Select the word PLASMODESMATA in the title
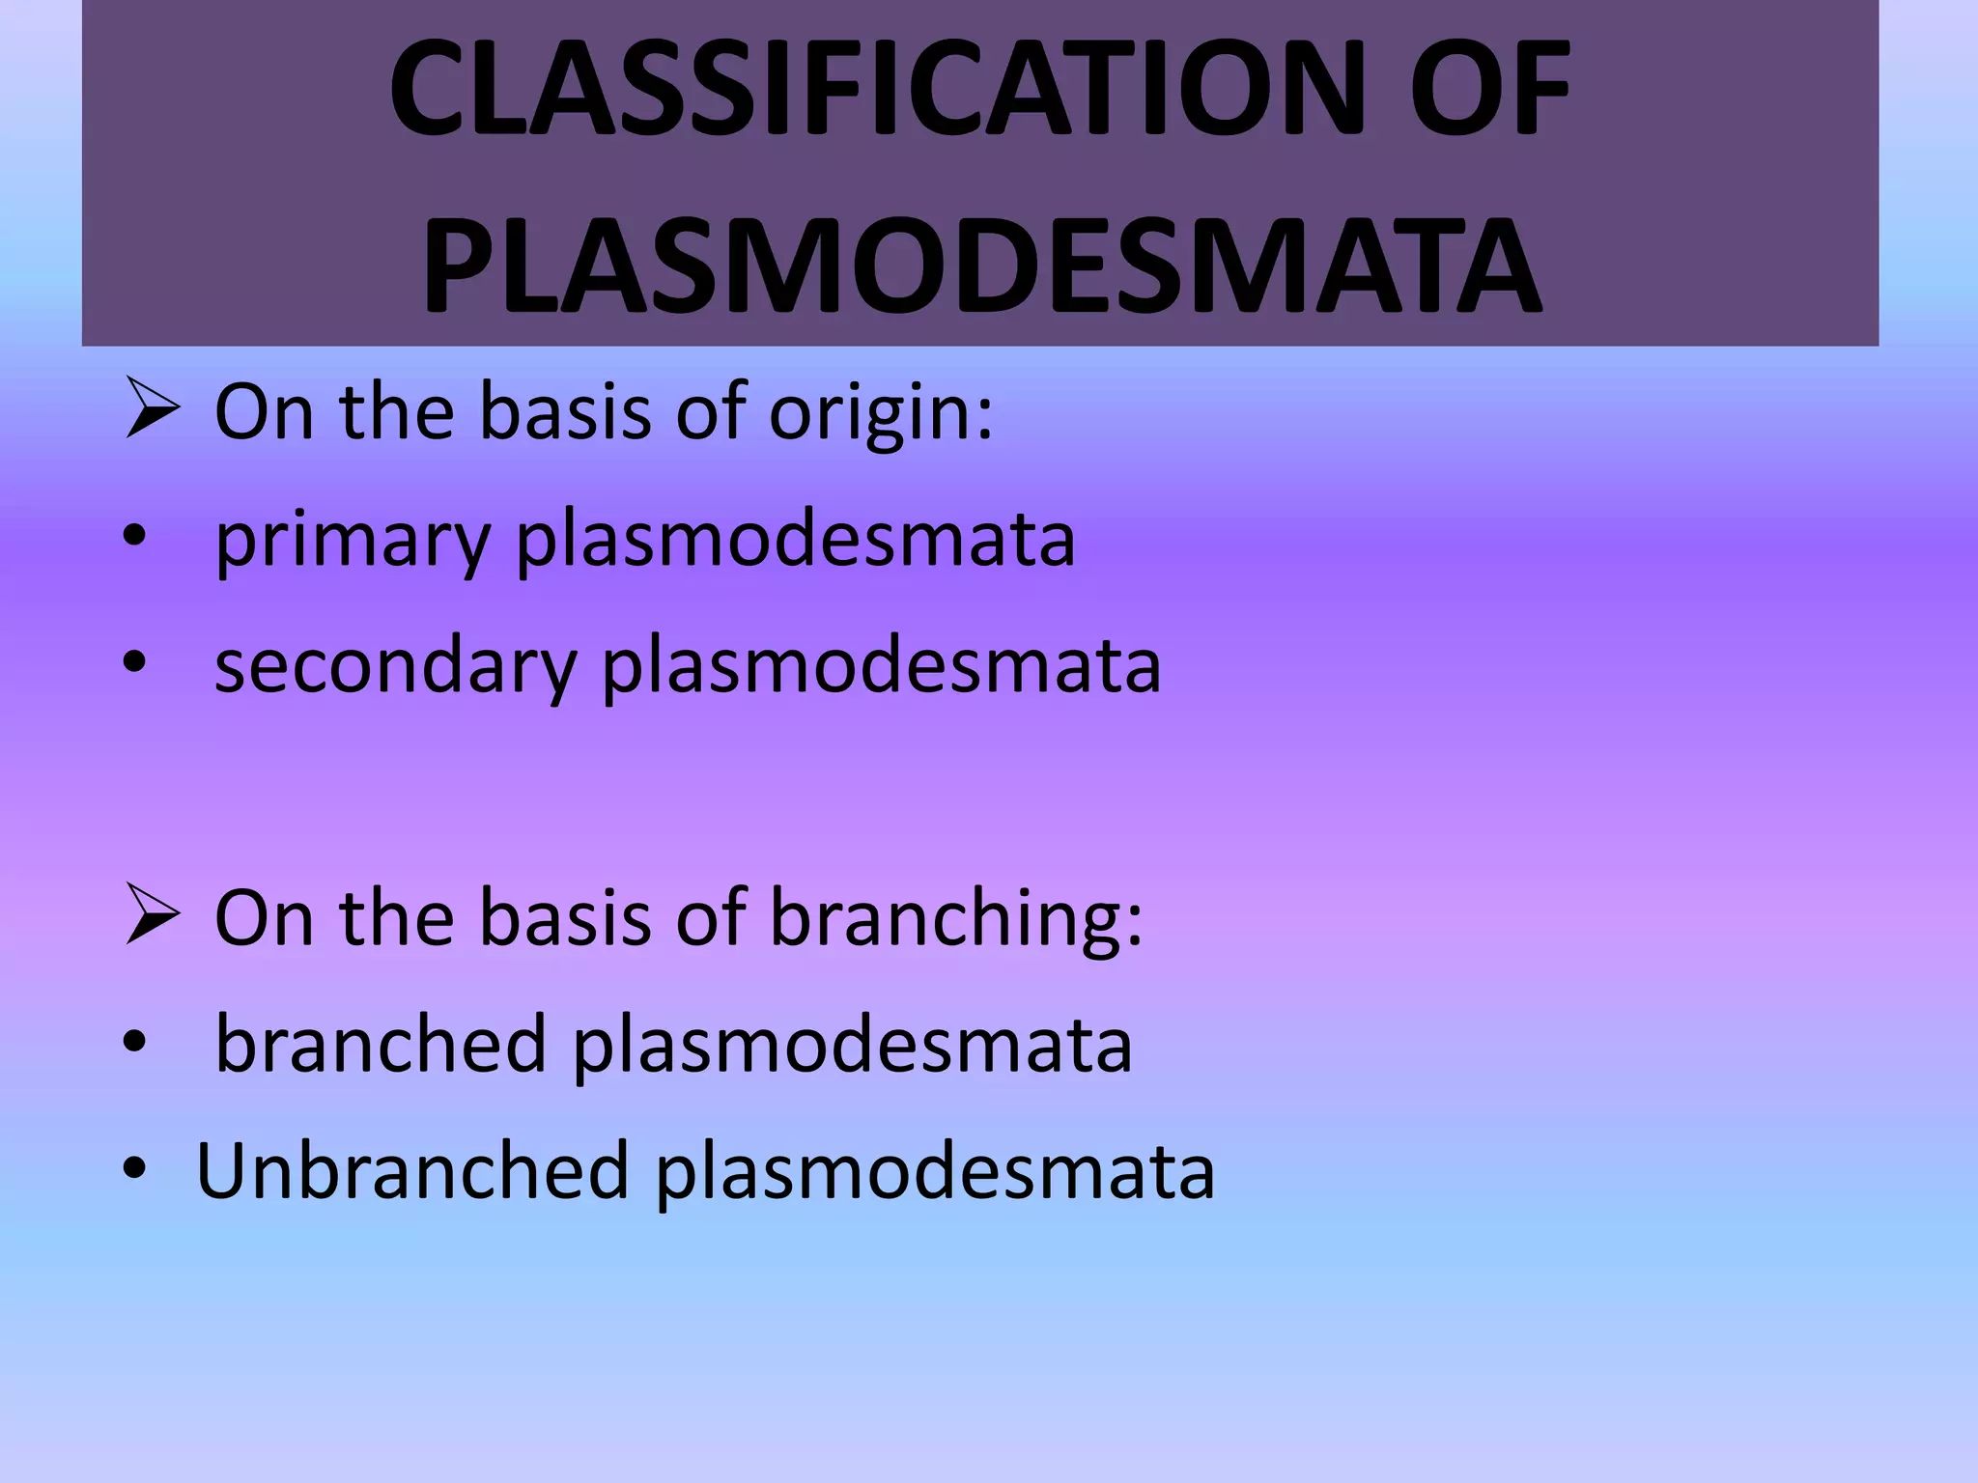tap(981, 266)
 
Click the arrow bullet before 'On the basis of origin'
tap(152, 411)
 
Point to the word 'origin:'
tap(880, 413)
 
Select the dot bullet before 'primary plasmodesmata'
tap(134, 537)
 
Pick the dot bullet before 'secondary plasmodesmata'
tap(134, 662)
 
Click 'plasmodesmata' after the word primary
tap(795, 541)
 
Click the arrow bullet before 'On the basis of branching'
tap(152, 917)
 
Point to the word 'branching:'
tap(955, 919)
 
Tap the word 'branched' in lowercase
tap(381, 1045)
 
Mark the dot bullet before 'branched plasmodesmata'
tap(134, 1042)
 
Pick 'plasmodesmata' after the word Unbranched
tap(935, 1173)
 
